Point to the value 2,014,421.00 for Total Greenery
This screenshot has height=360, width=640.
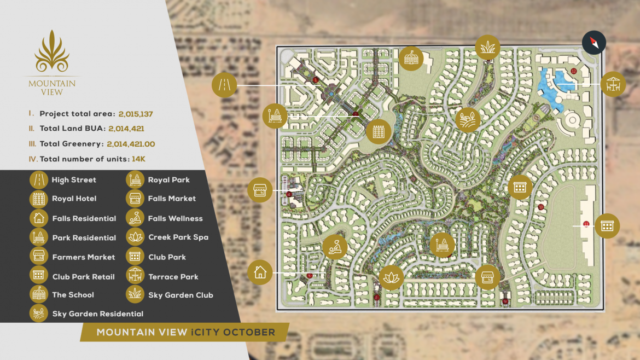[131, 144]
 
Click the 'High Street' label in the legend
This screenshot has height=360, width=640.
[74, 180]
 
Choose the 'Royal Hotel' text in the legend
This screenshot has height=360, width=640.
[74, 199]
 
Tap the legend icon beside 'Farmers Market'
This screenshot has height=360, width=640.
[38, 257]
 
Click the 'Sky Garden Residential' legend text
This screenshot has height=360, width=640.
[98, 314]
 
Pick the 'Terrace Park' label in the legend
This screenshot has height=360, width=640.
[173, 277]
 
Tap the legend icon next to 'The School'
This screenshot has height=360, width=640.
[38, 294]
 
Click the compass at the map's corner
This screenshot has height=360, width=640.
[594, 42]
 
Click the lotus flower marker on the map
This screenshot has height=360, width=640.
[391, 277]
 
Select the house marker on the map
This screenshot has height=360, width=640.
[260, 272]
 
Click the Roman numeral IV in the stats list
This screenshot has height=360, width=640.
[33, 159]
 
